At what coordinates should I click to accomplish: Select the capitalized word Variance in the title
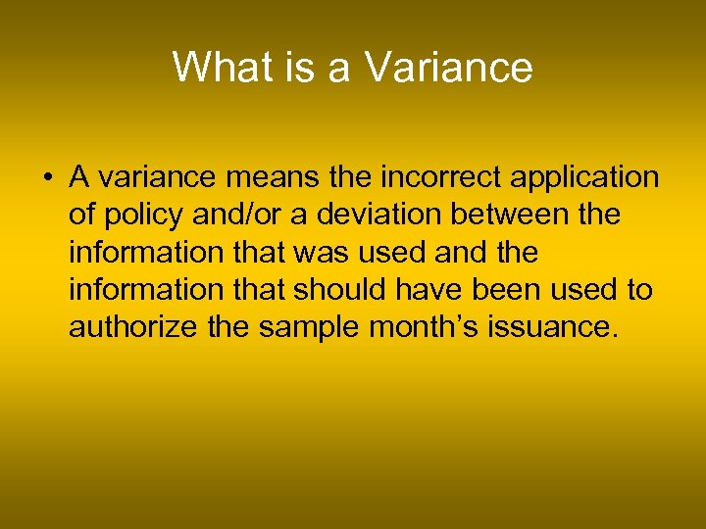[x=448, y=68]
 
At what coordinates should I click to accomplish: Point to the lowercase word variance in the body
[x=147, y=178]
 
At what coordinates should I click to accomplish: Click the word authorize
[x=132, y=327]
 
